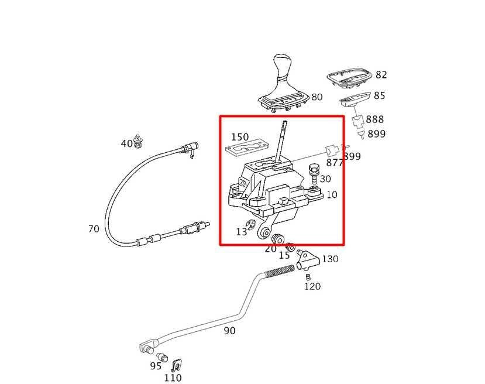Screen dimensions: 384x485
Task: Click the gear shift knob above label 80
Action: (283, 67)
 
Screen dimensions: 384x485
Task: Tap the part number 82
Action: (381, 75)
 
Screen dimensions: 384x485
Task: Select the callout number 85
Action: (379, 95)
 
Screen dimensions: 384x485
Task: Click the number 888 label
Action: (375, 119)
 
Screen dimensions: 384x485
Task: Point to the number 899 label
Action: (376, 134)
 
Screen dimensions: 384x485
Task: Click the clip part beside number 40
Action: (139, 141)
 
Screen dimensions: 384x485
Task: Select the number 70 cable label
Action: (94, 229)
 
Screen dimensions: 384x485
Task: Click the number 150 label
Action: (239, 137)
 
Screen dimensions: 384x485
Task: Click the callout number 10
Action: (332, 194)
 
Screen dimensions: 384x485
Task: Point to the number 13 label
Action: (242, 232)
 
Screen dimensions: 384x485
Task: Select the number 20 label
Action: (270, 248)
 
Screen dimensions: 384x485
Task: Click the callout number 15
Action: (284, 255)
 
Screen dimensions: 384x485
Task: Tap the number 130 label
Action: (330, 259)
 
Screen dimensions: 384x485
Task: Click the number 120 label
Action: (312, 286)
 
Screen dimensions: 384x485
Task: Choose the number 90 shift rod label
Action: (229, 331)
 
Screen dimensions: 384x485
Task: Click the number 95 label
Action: (155, 366)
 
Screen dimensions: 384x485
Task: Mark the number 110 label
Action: (173, 378)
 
